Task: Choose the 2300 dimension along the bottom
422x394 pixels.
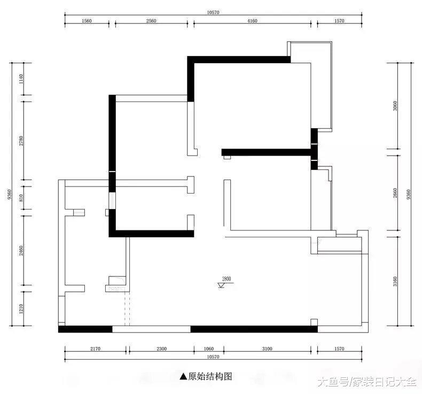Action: [161, 349]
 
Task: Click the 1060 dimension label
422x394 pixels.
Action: [208, 349]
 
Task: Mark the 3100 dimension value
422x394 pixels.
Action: [267, 349]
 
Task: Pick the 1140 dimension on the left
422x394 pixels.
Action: [21, 79]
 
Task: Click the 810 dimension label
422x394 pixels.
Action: [21, 198]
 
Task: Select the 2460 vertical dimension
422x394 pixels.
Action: [21, 251]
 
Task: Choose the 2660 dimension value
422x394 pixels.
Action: [395, 194]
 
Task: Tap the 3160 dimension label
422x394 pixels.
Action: [395, 281]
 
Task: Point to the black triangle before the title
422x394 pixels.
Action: [184, 376]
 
